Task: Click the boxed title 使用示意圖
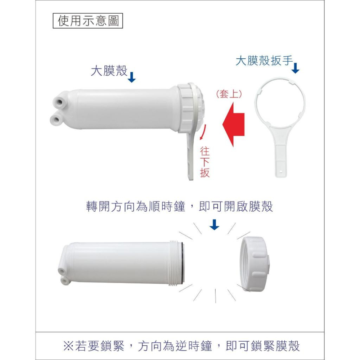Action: coord(88,21)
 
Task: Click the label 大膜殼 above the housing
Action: coord(109,71)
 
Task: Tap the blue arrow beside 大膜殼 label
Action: coord(132,77)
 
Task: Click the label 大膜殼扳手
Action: coord(264,60)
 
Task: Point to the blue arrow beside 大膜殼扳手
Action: coord(295,68)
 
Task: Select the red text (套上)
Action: coord(229,94)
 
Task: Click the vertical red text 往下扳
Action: coord(205,162)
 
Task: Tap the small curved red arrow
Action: coord(203,132)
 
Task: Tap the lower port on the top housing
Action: coord(56,118)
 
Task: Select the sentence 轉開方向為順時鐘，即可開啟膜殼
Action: coord(179,207)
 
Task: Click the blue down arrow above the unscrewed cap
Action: coord(214,225)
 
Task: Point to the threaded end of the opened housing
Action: coord(176,262)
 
